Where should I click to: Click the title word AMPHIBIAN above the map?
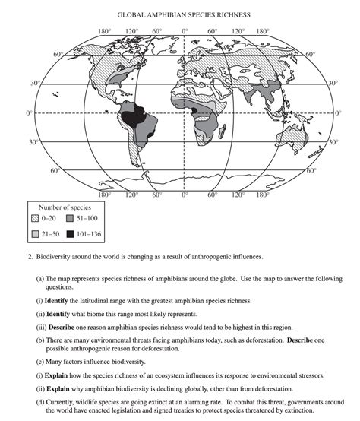click(169, 14)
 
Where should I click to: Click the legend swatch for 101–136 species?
click(69, 233)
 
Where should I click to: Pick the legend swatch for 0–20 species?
click(35, 218)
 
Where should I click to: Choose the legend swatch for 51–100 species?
click(69, 218)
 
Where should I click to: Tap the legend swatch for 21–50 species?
click(35, 233)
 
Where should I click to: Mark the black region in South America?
click(135, 119)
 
